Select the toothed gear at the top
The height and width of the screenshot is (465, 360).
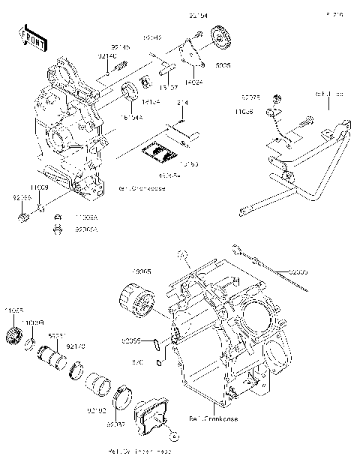pyautogui.click(x=220, y=39)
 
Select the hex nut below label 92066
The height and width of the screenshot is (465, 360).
pyautogui.click(x=22, y=217)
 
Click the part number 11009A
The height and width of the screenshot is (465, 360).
pyautogui.click(x=85, y=215)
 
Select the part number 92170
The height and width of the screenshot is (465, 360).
pyautogui.click(x=77, y=346)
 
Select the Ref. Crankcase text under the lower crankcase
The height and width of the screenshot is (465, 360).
pyautogui.click(x=213, y=418)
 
